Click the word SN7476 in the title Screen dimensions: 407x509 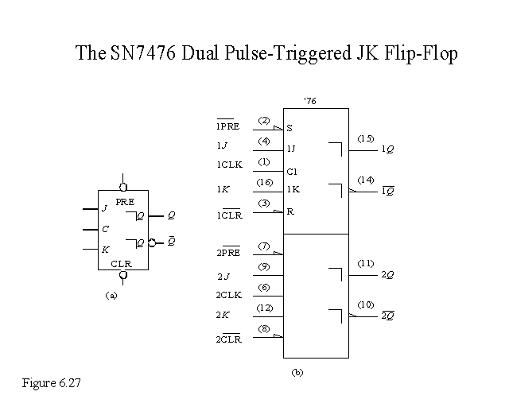[137, 54]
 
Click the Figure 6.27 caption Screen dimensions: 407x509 [52, 383]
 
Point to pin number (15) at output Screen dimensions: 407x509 [365, 138]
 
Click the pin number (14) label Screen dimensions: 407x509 [365, 180]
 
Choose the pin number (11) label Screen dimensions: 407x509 [365, 262]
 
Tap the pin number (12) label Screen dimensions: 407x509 [265, 308]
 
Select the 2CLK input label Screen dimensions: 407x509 [229, 295]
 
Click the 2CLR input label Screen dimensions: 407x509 [229, 339]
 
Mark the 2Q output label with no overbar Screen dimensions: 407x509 [388, 274]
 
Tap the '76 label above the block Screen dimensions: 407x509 [310, 100]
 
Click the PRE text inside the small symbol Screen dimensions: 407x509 [125, 202]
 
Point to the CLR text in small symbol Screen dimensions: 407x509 [122, 262]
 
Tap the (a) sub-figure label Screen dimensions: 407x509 [111, 294]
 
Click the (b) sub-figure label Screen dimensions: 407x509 [297, 371]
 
